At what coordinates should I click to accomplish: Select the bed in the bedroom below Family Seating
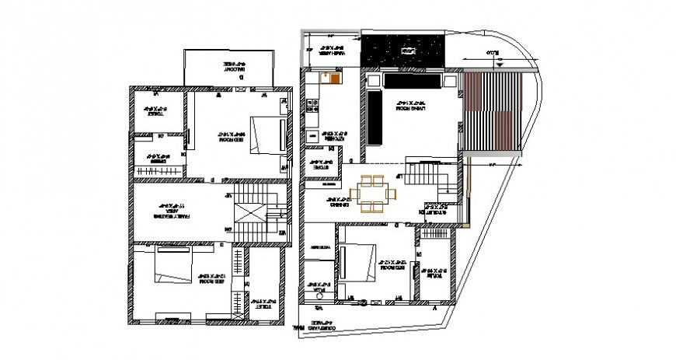point(172,267)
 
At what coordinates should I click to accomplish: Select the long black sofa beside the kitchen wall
point(373,118)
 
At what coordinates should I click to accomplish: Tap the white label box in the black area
point(405,51)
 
